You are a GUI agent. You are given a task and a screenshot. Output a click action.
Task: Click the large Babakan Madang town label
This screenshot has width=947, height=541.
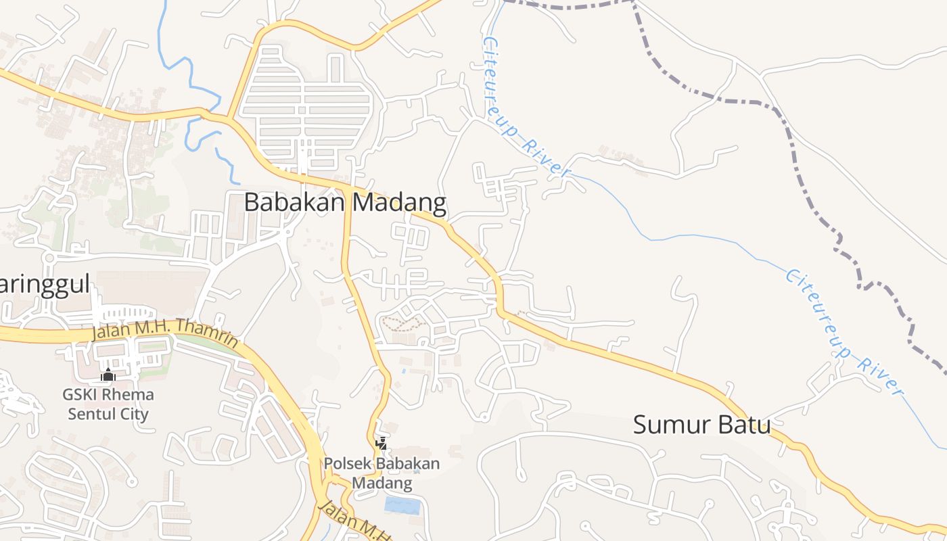tap(345, 202)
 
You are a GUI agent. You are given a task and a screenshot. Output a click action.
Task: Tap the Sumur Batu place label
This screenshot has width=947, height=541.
tap(701, 425)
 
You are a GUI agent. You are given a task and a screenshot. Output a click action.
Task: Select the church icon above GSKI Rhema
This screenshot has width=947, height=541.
tap(108, 375)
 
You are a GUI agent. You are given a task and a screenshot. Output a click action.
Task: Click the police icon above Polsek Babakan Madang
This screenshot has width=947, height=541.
tap(382, 444)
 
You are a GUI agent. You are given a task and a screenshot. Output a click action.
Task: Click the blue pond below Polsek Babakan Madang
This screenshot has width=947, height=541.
tap(402, 505)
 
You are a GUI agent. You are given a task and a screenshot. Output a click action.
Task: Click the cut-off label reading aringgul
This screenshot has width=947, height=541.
tap(44, 285)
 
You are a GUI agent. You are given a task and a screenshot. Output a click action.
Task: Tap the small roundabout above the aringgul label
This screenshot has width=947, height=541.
tap(48, 258)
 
